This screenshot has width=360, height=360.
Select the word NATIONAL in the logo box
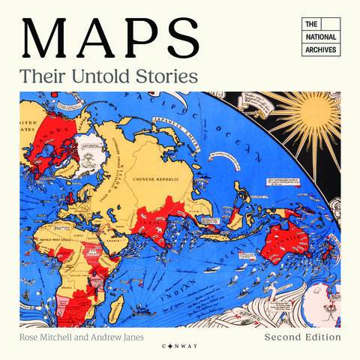point(321,37)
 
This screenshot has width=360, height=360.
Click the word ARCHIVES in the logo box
point(321,50)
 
